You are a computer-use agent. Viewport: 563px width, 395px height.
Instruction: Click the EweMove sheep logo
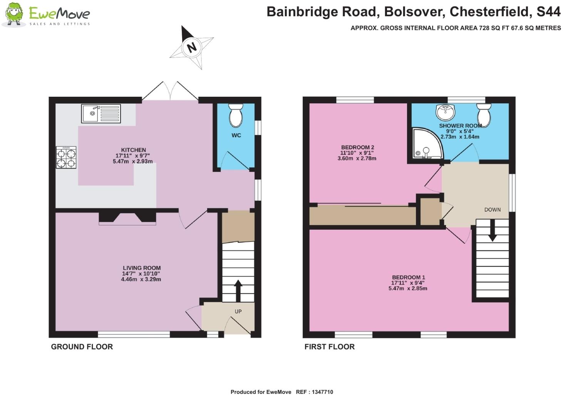click(x=14, y=15)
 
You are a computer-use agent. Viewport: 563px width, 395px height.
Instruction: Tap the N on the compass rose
click(x=191, y=47)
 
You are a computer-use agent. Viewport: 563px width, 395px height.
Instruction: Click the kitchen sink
click(x=101, y=114)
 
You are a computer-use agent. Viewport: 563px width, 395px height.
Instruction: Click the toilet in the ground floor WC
click(x=236, y=115)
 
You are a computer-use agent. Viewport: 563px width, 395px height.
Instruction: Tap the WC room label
click(x=236, y=135)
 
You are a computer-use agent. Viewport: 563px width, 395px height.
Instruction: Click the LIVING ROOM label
click(x=142, y=268)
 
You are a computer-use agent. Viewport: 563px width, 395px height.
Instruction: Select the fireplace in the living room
click(x=127, y=217)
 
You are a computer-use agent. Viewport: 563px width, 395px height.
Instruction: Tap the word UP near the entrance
click(x=238, y=311)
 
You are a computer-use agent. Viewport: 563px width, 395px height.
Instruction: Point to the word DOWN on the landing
click(x=492, y=210)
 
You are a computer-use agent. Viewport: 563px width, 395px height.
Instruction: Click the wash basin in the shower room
click(x=446, y=112)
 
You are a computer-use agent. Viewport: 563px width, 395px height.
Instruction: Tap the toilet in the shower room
click(x=483, y=114)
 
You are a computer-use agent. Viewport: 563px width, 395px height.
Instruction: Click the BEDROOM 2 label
click(x=357, y=147)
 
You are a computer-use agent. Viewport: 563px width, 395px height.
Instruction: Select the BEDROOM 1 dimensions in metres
click(x=408, y=288)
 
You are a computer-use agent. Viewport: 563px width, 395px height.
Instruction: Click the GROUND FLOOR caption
click(x=82, y=347)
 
